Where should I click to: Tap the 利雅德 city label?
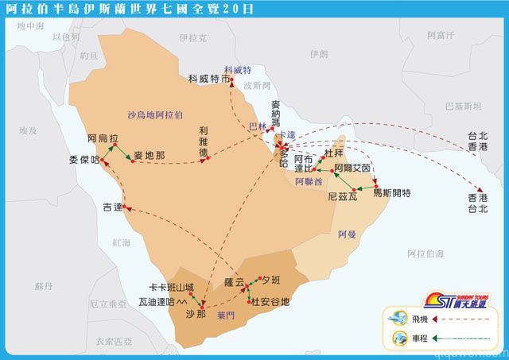point(204,141)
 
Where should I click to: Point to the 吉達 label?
point(112,207)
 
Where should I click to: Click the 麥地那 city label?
point(149,156)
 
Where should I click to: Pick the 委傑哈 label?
point(84,160)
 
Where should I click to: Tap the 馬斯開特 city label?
point(391,193)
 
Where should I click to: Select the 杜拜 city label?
point(335,153)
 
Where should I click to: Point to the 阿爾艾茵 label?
point(352,168)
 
